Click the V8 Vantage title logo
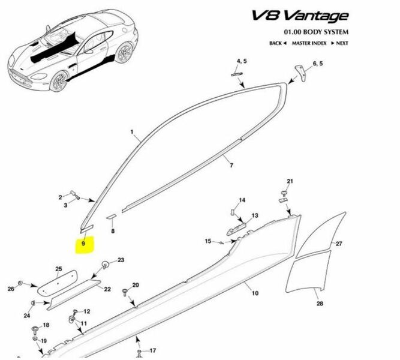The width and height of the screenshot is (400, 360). click(300, 16)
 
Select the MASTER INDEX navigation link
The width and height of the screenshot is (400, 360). click(309, 43)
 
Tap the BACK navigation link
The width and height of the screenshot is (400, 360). click(278, 43)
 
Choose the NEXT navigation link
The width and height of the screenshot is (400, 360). click(340, 43)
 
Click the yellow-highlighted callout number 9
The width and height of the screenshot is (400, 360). click(83, 244)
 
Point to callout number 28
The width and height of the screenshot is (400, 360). click(320, 304)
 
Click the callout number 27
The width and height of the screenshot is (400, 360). click(339, 244)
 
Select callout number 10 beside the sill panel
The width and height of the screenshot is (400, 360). click(255, 293)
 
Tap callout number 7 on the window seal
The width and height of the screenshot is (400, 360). click(231, 166)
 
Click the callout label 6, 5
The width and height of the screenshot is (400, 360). click(318, 64)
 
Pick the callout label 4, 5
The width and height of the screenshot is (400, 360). click(242, 61)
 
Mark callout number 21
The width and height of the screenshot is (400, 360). click(290, 181)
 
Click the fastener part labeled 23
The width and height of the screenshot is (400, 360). click(105, 265)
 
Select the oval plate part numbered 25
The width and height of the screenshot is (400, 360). click(58, 283)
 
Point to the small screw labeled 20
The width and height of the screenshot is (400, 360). click(125, 293)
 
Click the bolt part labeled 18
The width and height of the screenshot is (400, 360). click(35, 331)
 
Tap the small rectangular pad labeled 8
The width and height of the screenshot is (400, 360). click(111, 217)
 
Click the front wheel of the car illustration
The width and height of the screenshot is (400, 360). click(59, 81)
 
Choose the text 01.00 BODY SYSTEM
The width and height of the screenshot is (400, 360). click(316, 32)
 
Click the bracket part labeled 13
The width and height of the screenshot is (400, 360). click(236, 228)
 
